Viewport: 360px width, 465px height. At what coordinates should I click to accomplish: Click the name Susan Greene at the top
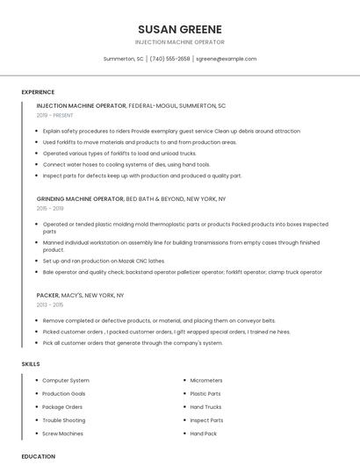[180, 29]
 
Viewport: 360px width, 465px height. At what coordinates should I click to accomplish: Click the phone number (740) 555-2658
[169, 59]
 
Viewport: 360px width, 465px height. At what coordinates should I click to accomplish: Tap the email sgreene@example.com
[226, 59]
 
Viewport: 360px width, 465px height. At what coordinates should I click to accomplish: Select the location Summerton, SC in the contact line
[123, 59]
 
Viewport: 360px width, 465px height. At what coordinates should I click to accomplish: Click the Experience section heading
[38, 92]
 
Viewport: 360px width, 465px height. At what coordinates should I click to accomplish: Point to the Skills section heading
[31, 363]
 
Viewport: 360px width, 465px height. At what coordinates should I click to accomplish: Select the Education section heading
[39, 456]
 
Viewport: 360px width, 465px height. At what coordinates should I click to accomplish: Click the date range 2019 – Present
[55, 115]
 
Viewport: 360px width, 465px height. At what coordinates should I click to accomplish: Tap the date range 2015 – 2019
[50, 208]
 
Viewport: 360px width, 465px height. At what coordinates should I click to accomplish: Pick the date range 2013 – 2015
[50, 304]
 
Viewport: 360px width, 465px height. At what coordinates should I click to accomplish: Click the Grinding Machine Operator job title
[80, 199]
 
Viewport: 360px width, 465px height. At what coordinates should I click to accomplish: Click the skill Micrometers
[206, 381]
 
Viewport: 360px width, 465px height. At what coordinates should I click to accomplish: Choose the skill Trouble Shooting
[64, 420]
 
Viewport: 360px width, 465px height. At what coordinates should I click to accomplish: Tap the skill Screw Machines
[63, 433]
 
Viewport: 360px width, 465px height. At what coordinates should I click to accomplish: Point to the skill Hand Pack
[204, 433]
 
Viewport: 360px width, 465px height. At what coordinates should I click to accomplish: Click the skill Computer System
[66, 381]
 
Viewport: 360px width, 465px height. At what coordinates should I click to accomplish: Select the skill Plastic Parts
[205, 394]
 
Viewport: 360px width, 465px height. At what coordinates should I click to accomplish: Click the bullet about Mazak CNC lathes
[104, 261]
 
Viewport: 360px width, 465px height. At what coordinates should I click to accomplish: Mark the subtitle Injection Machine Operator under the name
[180, 42]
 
